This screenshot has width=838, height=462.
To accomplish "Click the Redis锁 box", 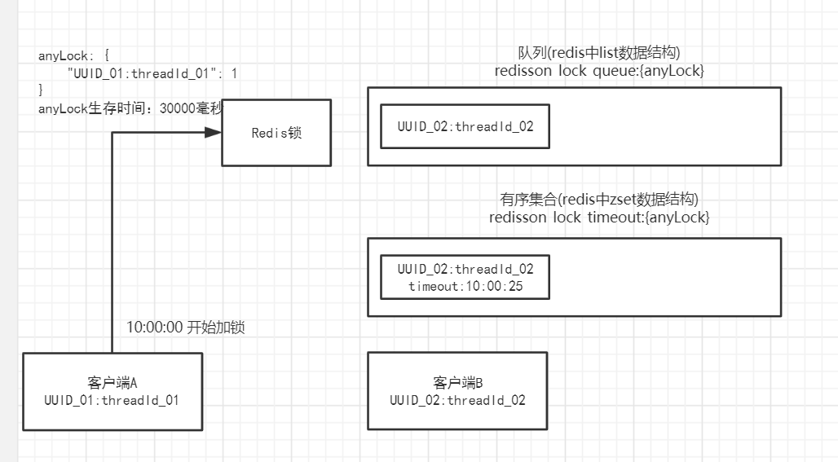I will [x=276, y=133].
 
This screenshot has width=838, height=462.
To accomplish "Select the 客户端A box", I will [x=112, y=391].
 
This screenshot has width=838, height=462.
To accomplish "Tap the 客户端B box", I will [x=457, y=391].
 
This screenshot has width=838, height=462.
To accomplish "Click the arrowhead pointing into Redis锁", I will [x=214, y=132].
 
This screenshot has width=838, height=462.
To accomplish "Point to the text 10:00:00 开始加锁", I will [x=186, y=328].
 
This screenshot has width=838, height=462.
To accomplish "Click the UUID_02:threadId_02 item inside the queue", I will [x=465, y=126].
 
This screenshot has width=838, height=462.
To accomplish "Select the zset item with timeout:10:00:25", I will [x=465, y=277].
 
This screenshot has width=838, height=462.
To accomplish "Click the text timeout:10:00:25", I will [x=465, y=286].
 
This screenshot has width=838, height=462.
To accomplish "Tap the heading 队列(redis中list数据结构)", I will [x=599, y=53].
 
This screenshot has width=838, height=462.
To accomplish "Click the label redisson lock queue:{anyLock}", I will [x=599, y=72].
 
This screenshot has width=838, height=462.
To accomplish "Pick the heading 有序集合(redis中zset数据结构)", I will [x=599, y=199].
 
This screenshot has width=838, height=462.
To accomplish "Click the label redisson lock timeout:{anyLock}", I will [x=599, y=218].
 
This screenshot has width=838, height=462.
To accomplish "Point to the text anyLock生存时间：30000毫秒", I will [x=130, y=107].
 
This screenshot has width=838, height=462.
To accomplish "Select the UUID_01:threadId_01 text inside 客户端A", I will [x=112, y=401].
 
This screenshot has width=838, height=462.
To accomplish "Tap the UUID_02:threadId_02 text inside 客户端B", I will [x=457, y=401].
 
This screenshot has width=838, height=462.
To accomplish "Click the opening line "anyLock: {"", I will [x=79, y=56].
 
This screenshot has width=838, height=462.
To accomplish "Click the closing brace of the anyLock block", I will [x=41, y=90].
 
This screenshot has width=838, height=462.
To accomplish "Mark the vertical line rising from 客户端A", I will [x=112, y=244].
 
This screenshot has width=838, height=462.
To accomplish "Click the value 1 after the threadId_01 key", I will [x=235, y=73].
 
